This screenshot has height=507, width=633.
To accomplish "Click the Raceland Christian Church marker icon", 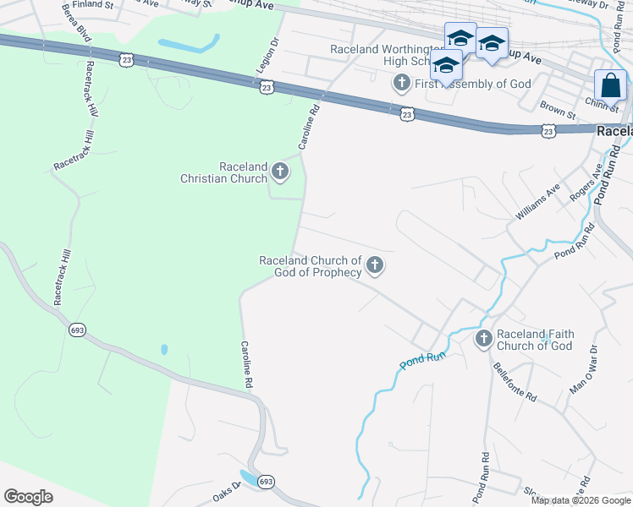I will click(x=280, y=173).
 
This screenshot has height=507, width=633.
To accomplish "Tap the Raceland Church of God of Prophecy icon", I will click(x=374, y=267).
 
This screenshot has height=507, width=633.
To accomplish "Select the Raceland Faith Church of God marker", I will click(x=483, y=340).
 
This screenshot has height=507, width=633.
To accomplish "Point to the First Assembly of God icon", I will click(x=401, y=84).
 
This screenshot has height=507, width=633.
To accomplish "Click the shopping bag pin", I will click(x=610, y=86).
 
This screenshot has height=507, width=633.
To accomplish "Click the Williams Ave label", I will click(x=538, y=204).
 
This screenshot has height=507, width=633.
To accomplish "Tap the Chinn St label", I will click(x=601, y=104).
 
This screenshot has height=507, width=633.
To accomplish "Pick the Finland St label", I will click(x=92, y=4).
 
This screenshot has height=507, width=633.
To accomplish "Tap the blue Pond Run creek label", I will click(x=422, y=360).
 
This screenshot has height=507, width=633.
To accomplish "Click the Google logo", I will click(x=28, y=496).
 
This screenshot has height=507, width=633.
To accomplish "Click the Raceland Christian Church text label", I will click(x=224, y=173).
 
